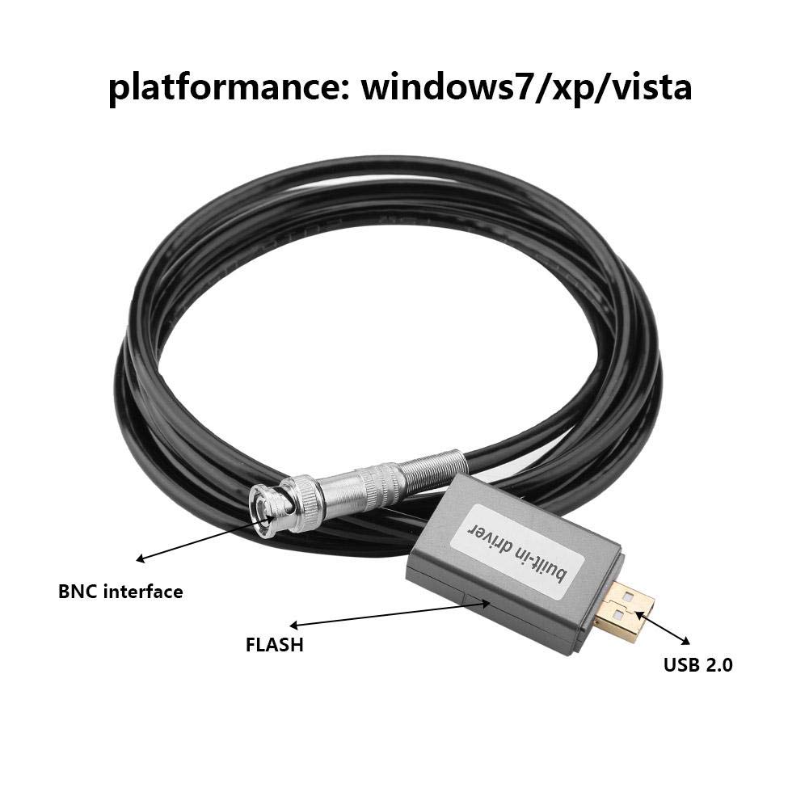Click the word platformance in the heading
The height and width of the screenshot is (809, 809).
223,87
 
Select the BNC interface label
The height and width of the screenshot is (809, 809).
120,592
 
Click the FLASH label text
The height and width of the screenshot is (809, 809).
275,645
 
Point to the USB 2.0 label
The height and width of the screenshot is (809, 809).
697,666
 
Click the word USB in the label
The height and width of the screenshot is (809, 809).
680,666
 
